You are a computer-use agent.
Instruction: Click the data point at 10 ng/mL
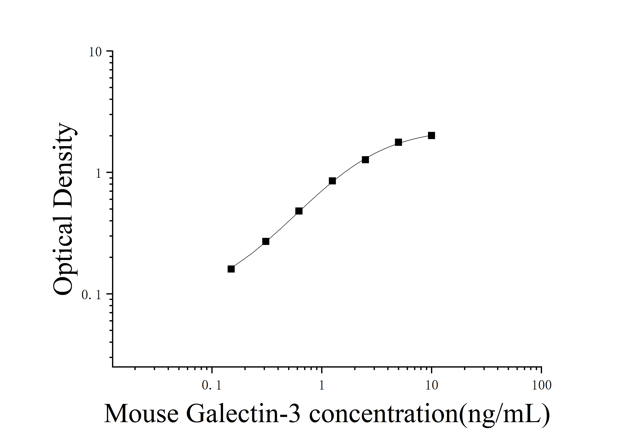pyautogui.click(x=431, y=135)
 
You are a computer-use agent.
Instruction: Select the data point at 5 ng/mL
pyautogui.click(x=398, y=142)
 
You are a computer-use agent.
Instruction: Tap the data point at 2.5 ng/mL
pyautogui.click(x=365, y=160)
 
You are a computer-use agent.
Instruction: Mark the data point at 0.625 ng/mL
pyautogui.click(x=299, y=211)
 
